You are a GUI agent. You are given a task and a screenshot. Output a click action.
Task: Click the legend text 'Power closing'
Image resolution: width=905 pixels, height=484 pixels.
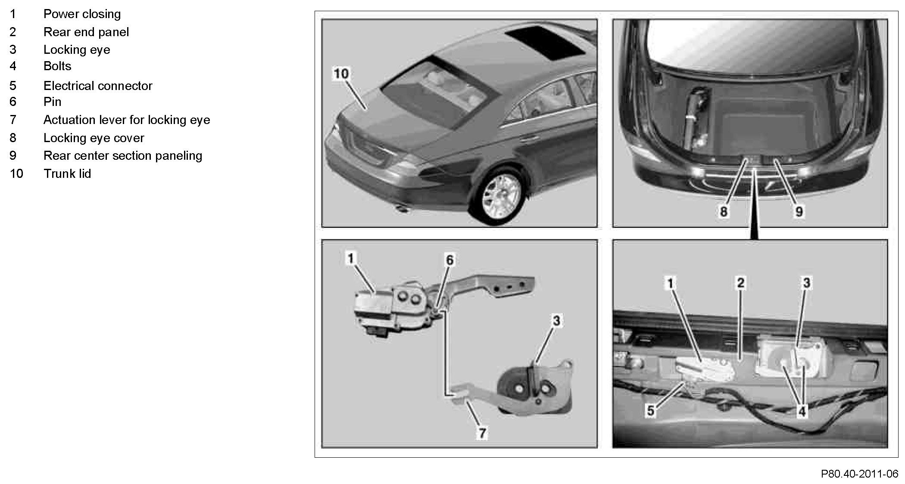(82, 14)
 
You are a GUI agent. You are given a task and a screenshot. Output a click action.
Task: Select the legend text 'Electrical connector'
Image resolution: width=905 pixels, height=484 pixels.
(98, 86)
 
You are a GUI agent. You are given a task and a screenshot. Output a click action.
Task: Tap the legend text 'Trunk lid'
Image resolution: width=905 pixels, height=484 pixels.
(67, 174)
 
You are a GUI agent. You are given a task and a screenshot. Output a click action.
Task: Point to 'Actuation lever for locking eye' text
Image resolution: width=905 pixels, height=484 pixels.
(127, 120)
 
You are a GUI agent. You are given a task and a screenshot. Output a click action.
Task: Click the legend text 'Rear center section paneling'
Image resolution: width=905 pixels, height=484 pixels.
(123, 155)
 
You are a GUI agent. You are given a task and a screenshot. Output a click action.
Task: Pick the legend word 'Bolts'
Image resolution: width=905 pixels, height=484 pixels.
(57, 66)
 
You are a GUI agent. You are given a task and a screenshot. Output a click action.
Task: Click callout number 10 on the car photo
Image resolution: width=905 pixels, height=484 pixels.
(341, 74)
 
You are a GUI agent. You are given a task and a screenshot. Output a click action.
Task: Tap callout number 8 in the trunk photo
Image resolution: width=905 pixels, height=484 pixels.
(724, 211)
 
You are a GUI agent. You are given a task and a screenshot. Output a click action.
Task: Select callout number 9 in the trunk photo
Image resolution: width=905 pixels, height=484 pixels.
(799, 211)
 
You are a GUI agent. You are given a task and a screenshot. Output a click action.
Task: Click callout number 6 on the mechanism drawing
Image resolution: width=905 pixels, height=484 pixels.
(449, 260)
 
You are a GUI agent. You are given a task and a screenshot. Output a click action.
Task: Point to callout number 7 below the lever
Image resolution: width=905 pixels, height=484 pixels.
(482, 433)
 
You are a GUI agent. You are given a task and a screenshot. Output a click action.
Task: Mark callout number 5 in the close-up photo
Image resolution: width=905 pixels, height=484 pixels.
(650, 411)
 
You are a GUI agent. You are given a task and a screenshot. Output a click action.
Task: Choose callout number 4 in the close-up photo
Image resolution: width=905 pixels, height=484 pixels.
(802, 412)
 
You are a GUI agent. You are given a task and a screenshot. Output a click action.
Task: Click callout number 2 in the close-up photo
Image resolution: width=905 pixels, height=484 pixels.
(740, 283)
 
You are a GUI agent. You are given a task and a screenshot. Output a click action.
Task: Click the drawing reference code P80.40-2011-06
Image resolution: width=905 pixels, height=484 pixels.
(859, 474)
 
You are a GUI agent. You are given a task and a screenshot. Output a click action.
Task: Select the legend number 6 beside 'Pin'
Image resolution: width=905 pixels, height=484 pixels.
(13, 102)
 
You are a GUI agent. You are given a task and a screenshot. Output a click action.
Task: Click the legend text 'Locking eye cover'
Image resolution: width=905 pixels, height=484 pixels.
(94, 138)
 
